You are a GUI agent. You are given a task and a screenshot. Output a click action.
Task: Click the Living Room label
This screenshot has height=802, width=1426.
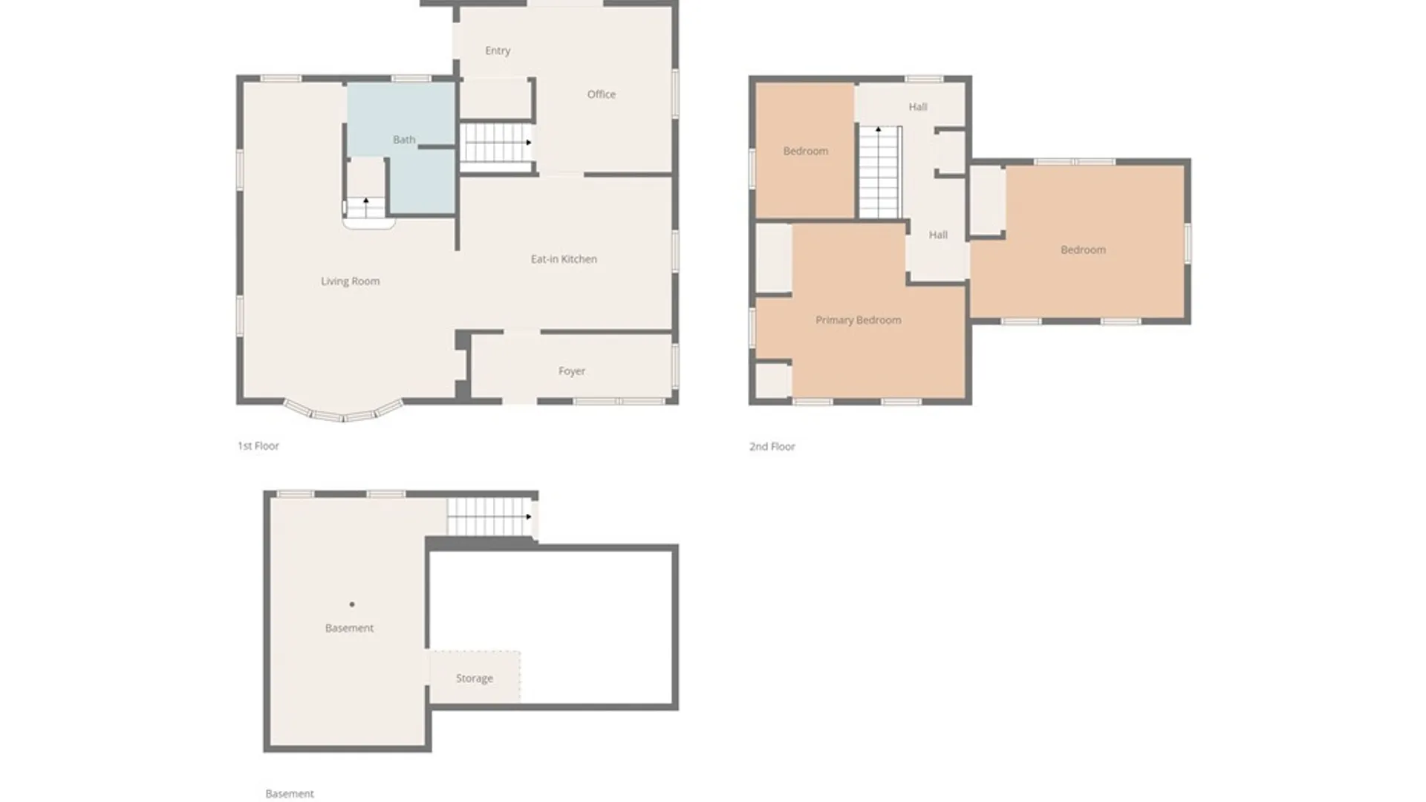[x=350, y=281]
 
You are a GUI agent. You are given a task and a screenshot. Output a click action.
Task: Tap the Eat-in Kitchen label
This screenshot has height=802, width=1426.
[x=564, y=259]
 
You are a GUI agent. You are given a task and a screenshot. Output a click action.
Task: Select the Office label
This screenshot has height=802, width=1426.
[x=601, y=94]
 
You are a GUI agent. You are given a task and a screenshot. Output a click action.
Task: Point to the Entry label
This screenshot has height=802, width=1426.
[x=498, y=50]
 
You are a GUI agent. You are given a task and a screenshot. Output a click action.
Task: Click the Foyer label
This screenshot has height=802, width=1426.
[x=572, y=371]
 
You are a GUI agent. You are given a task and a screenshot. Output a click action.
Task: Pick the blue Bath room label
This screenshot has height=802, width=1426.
[x=404, y=140]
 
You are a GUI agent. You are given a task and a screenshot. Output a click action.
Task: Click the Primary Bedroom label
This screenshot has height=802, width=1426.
[x=858, y=320]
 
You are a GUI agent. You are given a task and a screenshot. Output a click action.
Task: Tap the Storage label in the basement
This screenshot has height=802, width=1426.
[x=475, y=678]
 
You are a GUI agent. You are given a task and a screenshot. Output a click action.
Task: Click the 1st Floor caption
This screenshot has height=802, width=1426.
[x=258, y=446]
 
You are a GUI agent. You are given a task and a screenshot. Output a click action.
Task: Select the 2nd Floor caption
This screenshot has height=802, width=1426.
[x=772, y=446]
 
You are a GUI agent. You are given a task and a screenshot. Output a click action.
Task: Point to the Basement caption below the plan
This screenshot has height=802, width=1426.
[x=290, y=794]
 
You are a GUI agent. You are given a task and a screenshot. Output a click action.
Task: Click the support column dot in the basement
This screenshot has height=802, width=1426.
[x=352, y=604]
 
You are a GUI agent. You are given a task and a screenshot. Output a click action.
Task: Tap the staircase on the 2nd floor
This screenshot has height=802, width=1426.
[x=879, y=172]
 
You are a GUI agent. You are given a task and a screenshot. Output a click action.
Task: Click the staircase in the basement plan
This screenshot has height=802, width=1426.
[x=489, y=516]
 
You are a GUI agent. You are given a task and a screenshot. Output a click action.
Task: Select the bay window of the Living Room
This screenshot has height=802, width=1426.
[x=343, y=412]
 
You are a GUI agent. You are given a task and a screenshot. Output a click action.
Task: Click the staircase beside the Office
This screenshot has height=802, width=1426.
[x=495, y=143]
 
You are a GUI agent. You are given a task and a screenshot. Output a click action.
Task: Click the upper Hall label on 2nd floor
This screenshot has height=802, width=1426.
[x=918, y=107]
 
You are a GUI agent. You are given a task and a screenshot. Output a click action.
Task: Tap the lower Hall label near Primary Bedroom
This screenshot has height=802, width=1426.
[x=938, y=235]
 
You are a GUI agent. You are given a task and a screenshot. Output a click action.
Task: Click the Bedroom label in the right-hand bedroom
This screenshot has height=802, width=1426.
[x=1083, y=250]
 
